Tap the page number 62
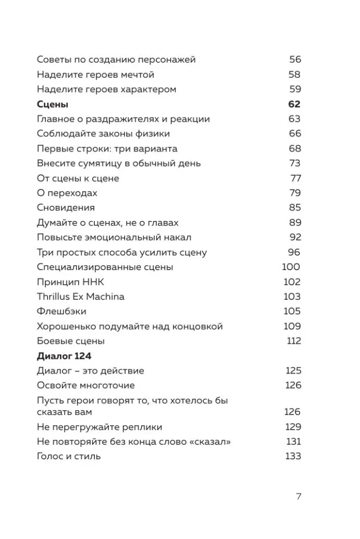(x=294, y=104)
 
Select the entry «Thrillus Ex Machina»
(x=81, y=296)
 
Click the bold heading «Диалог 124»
(x=64, y=356)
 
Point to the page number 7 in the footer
(x=299, y=496)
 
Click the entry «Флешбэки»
(x=61, y=311)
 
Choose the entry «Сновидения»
(x=66, y=208)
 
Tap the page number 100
(x=291, y=267)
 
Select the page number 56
(x=295, y=60)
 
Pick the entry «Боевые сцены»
(x=71, y=341)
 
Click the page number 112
(x=294, y=341)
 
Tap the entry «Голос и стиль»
(x=69, y=457)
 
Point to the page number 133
(x=293, y=457)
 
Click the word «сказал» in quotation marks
(x=211, y=442)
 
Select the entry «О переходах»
(x=67, y=193)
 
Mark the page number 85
(x=295, y=208)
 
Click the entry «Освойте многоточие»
(x=86, y=385)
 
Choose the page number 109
(x=292, y=326)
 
